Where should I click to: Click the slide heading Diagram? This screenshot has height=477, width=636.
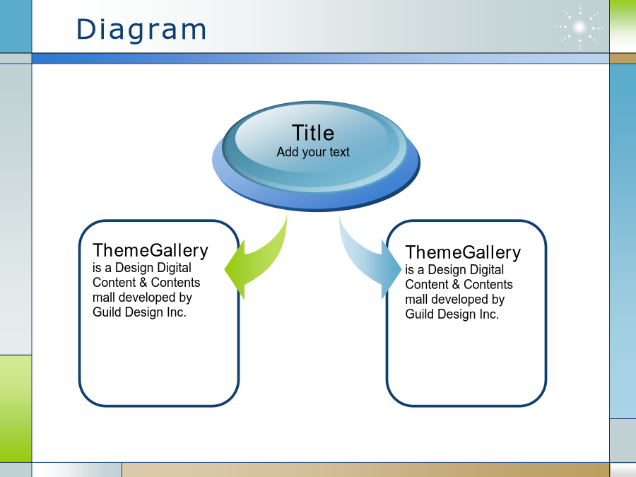[141, 30]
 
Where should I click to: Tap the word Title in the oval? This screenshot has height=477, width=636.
[313, 133]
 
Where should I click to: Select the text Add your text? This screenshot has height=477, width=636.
[313, 152]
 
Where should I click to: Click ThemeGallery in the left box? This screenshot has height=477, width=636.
[150, 251]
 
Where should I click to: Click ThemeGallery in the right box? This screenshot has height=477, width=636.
[463, 253]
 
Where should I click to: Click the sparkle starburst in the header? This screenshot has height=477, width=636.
[579, 27]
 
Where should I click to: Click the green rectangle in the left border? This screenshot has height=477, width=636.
[16, 408]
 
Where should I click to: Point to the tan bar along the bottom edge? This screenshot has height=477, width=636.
[365, 470]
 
